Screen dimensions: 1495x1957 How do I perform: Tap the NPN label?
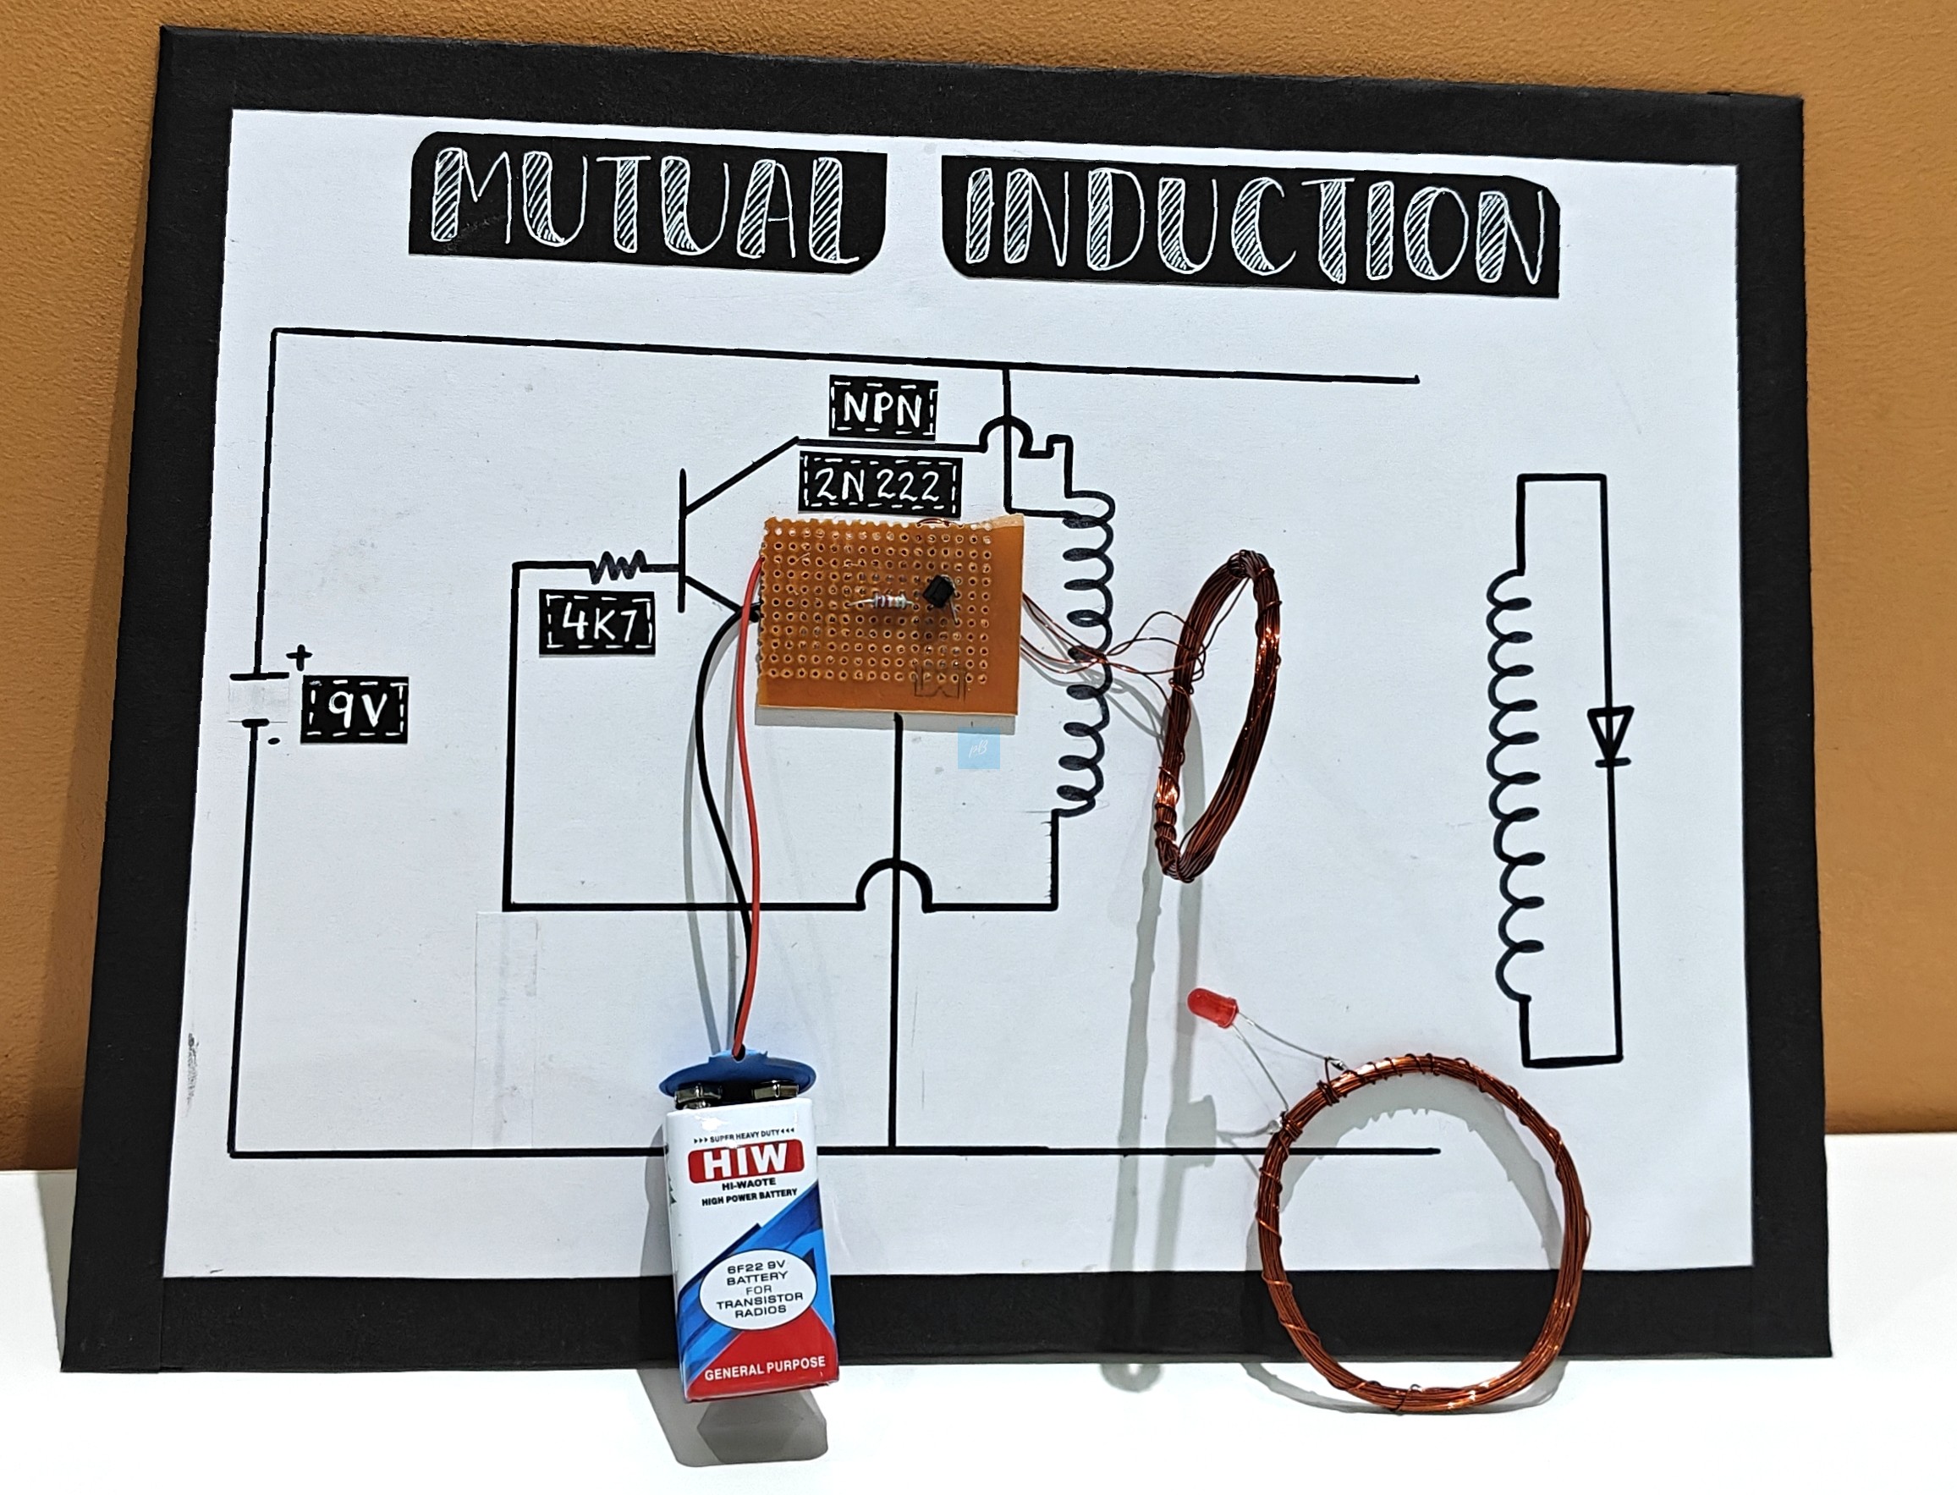tap(883, 409)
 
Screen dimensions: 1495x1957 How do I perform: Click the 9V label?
tap(355, 710)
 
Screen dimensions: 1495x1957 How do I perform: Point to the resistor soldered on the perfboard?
tap(881, 602)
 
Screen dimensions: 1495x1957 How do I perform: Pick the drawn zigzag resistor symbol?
tap(620, 565)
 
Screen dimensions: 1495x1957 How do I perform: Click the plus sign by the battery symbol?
tap(300, 657)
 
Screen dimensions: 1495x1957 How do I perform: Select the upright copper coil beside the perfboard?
tap(1218, 712)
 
